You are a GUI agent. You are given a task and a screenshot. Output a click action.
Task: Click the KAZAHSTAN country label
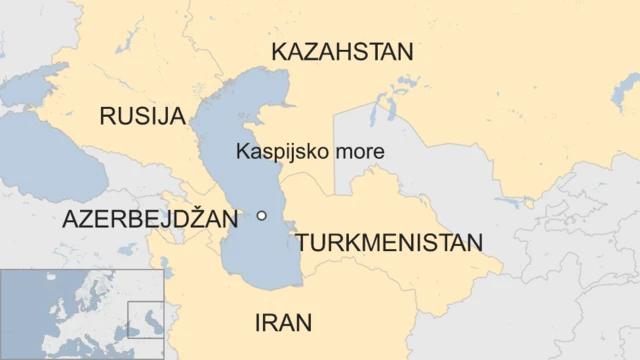(x=342, y=52)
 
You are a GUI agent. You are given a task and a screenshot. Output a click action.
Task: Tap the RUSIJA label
(x=143, y=116)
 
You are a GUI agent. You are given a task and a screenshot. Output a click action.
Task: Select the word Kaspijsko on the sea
(x=275, y=151)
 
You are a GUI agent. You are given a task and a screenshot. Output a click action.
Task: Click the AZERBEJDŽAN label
(x=150, y=220)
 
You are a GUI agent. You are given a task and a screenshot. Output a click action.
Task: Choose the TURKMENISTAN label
(x=389, y=242)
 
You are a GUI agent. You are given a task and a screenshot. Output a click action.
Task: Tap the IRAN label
(x=283, y=323)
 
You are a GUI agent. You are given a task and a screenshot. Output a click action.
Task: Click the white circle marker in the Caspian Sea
(x=262, y=215)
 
